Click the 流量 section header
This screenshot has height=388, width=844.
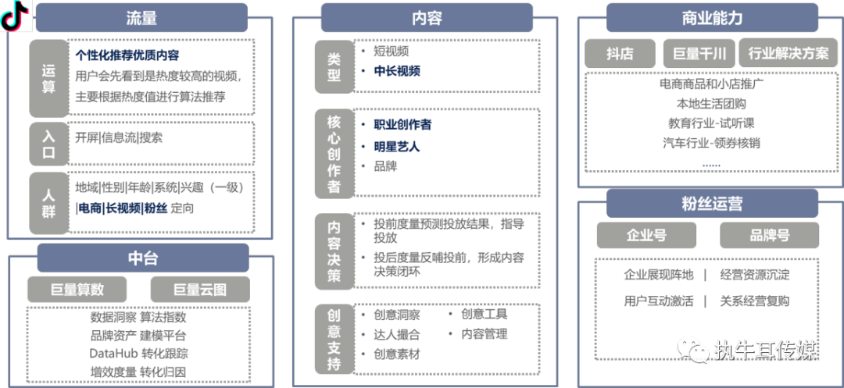(x=141, y=18)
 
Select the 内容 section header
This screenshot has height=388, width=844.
(x=427, y=18)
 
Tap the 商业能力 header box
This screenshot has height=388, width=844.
(x=711, y=18)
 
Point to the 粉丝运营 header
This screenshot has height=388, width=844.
(x=711, y=205)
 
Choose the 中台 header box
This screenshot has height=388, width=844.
(x=142, y=258)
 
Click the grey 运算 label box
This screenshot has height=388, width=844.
(x=48, y=78)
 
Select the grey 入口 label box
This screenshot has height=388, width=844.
(x=48, y=144)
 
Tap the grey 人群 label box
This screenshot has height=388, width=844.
(x=48, y=203)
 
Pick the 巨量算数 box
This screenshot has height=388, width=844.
(x=77, y=290)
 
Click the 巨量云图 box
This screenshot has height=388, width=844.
(x=200, y=290)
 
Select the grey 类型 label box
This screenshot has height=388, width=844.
(x=334, y=66)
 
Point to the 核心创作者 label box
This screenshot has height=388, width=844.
(x=334, y=153)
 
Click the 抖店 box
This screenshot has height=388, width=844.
(x=620, y=54)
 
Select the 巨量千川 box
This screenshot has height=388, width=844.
(x=699, y=54)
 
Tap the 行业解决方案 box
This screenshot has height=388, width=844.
(x=788, y=54)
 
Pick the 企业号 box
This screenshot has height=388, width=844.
(x=646, y=235)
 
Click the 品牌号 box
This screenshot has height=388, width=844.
(x=769, y=235)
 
